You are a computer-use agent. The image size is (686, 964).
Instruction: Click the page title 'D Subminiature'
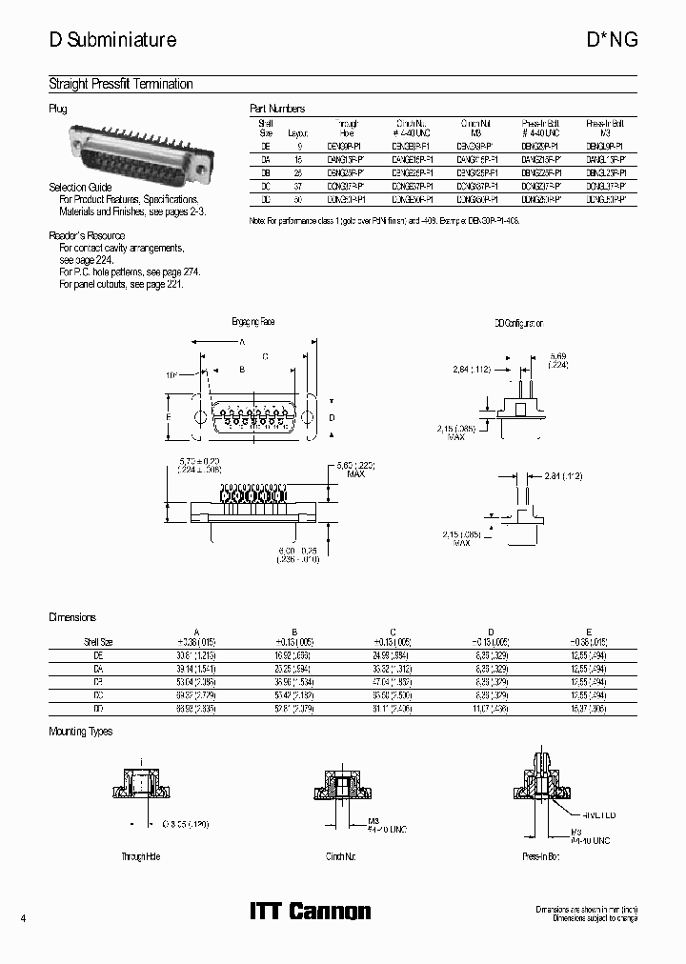coord(112,40)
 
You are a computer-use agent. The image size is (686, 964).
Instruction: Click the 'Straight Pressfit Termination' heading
coord(121,85)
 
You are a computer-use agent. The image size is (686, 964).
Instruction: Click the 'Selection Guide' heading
coord(80,188)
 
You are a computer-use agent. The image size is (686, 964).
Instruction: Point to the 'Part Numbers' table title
coord(277,110)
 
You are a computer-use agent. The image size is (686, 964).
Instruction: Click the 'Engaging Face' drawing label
coord(253,322)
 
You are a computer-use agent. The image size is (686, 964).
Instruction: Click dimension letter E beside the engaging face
coord(169,417)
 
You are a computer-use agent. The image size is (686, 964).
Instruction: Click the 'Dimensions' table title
coord(72,617)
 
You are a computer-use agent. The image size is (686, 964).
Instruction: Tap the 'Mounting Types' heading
coord(81,732)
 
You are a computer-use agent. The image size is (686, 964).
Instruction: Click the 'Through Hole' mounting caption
coord(140,856)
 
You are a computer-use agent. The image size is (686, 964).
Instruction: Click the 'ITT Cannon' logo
coord(310,912)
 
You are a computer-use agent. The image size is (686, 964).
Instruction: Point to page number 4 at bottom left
coord(23,917)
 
